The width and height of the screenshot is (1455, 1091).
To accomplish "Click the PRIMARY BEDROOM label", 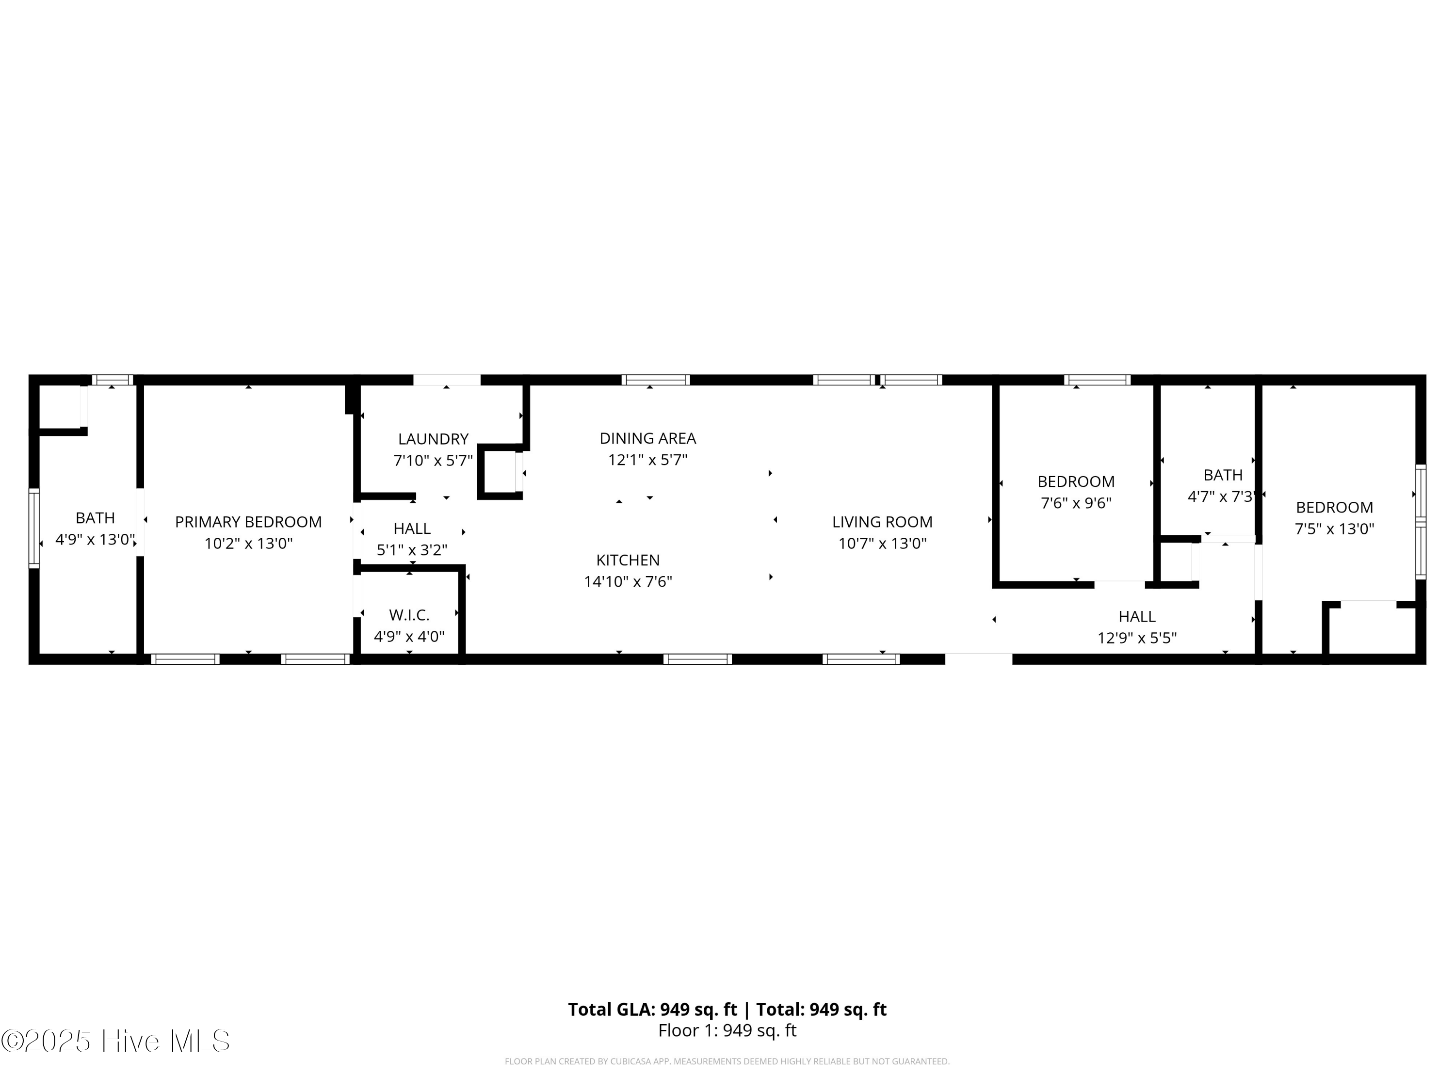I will [x=248, y=521].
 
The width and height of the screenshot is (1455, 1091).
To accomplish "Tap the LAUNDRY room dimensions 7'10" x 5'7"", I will [x=433, y=460].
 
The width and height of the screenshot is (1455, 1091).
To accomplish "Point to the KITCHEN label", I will [x=628, y=560].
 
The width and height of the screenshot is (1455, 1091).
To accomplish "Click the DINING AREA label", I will [x=647, y=438].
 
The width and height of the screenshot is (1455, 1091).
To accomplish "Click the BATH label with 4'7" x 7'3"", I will [x=1223, y=475].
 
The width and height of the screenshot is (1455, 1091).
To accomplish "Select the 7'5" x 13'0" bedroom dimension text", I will [x=1334, y=529].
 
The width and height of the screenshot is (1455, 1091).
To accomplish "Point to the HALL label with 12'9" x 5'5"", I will [x=1137, y=616].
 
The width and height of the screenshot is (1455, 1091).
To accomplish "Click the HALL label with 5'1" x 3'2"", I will [x=412, y=528].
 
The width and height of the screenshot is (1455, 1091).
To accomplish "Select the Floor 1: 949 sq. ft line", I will [x=727, y=1030].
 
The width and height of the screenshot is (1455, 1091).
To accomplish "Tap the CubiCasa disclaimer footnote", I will [x=727, y=1061].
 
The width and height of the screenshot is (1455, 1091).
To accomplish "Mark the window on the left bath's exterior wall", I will [x=33, y=528].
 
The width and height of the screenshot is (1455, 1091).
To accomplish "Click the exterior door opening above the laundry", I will [x=447, y=380].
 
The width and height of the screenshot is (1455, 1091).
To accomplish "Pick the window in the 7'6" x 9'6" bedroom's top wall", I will [x=1097, y=380].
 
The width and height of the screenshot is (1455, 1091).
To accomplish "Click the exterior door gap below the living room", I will [x=978, y=659].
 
